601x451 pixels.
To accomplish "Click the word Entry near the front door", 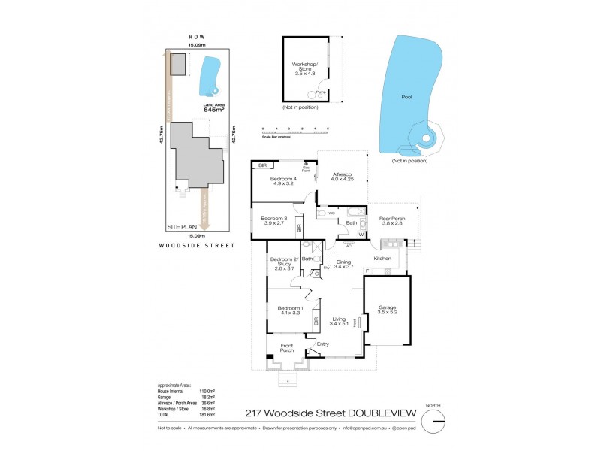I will click(x=323, y=344).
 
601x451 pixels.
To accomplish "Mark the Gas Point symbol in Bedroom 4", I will click(x=307, y=164).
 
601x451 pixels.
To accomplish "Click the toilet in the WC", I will click(x=322, y=214).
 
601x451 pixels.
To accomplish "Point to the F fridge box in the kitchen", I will click(x=366, y=270).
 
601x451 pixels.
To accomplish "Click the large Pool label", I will click(x=406, y=97).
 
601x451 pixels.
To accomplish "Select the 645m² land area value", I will click(x=214, y=110).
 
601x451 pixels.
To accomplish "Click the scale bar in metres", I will click(x=295, y=133).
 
